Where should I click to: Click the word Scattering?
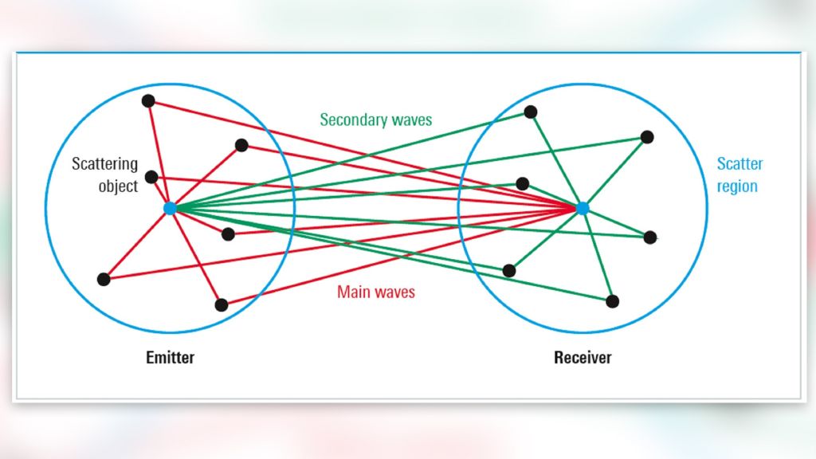coord(104,164)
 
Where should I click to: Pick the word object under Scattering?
coord(117,187)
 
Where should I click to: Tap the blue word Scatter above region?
coord(739,164)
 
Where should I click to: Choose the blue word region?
coord(737,186)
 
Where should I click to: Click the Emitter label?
coord(170,357)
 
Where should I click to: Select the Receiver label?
coord(583,357)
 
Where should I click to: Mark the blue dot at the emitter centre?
coord(169,208)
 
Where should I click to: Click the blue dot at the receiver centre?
coord(583,208)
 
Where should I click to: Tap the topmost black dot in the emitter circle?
coord(147,100)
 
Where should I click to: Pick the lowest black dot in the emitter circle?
coord(222,304)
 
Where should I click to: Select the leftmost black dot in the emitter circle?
coord(103,279)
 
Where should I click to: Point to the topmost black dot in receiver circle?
coord(531,112)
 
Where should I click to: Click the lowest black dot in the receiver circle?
coord(612,301)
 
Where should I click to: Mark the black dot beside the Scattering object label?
coord(151,177)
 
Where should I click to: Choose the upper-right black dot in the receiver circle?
coord(647,137)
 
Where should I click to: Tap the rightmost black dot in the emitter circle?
coord(241,145)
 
